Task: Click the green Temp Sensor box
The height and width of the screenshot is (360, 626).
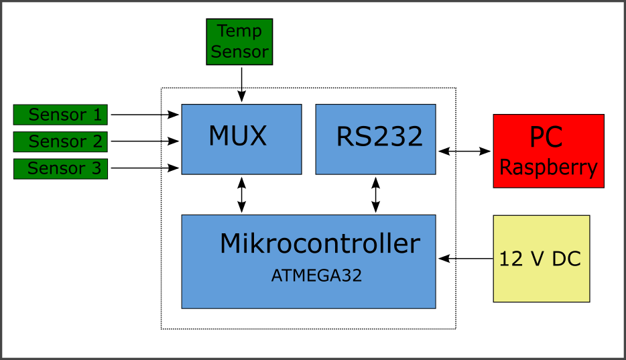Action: tap(239, 42)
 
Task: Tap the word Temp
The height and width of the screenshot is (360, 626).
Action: tap(239, 32)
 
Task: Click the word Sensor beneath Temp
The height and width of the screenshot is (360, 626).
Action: tap(239, 52)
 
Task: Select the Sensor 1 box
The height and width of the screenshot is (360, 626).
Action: tap(60, 115)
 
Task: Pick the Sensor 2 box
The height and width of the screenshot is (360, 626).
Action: tap(60, 141)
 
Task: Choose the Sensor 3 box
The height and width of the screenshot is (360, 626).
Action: tap(60, 168)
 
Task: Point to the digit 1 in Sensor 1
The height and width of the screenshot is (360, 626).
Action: tap(97, 115)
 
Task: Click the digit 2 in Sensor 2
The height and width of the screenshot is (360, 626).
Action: tap(97, 141)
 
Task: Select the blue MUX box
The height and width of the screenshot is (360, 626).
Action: tap(241, 139)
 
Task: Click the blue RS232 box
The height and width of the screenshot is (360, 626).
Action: tap(375, 139)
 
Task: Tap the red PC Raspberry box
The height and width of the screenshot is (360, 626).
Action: tap(548, 151)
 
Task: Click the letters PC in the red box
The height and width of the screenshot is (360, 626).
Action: tap(546, 137)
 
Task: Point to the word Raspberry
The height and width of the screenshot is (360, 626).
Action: tap(548, 168)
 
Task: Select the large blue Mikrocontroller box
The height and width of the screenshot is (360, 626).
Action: tap(308, 261)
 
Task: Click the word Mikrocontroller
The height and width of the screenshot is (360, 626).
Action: tap(320, 244)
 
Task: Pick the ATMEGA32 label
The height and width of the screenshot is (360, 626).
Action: tap(316, 276)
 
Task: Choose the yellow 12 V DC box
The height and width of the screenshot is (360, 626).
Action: tap(541, 259)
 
